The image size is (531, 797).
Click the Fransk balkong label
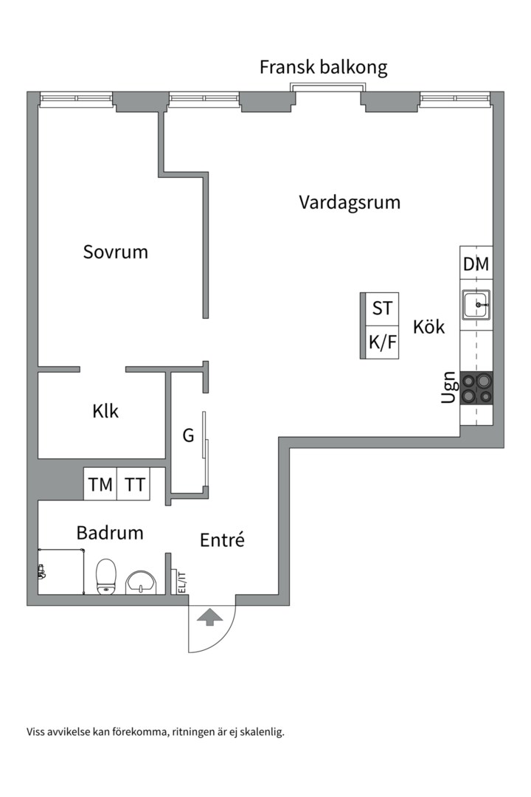click(x=323, y=68)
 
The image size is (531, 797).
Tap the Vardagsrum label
click(x=349, y=202)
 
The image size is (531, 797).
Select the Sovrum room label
click(x=115, y=252)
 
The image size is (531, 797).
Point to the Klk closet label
click(x=105, y=411)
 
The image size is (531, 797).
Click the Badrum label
click(x=110, y=533)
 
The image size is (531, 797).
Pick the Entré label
click(x=222, y=540)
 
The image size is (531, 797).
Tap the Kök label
click(x=428, y=327)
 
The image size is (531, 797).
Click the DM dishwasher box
click(x=476, y=264)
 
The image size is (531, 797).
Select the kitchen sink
click(x=476, y=305)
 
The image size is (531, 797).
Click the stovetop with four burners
click(x=476, y=388)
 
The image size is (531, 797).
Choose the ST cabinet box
click(x=382, y=308)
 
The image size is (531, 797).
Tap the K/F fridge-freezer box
click(x=382, y=343)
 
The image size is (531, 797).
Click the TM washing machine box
click(x=101, y=485)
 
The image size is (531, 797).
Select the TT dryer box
click(x=134, y=485)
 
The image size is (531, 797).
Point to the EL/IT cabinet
click(x=179, y=582)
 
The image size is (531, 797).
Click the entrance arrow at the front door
click(x=209, y=618)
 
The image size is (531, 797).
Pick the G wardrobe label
click(x=188, y=436)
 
